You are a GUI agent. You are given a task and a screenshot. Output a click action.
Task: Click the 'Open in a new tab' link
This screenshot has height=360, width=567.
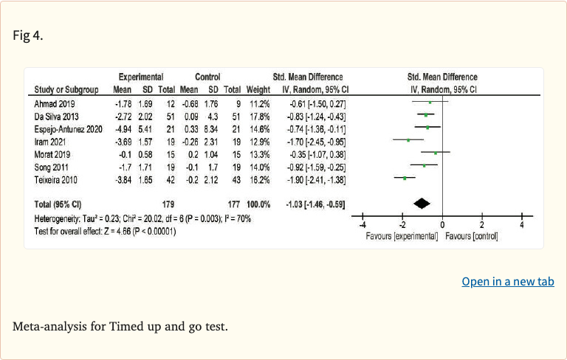click(x=507, y=282)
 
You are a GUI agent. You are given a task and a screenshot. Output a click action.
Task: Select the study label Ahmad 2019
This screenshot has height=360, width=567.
click(x=55, y=104)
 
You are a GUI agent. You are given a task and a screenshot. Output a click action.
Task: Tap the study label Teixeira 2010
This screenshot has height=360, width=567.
click(x=58, y=179)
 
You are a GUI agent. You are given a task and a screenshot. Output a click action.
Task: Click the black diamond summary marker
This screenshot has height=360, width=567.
click(x=422, y=204)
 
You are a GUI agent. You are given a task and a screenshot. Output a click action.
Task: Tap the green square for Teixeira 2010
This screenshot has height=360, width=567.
click(x=405, y=179)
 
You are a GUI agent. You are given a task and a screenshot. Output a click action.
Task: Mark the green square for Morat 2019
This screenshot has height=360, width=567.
click(x=436, y=153)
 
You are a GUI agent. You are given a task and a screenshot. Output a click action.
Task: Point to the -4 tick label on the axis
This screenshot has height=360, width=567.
click(x=362, y=225)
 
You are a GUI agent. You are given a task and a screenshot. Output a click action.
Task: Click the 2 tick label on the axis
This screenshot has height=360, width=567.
click(x=481, y=225)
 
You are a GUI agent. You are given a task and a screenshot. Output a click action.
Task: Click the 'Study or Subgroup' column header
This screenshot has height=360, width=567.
click(x=66, y=90)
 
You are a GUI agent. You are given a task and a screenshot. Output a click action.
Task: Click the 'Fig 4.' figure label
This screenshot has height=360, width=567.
click(x=28, y=35)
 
